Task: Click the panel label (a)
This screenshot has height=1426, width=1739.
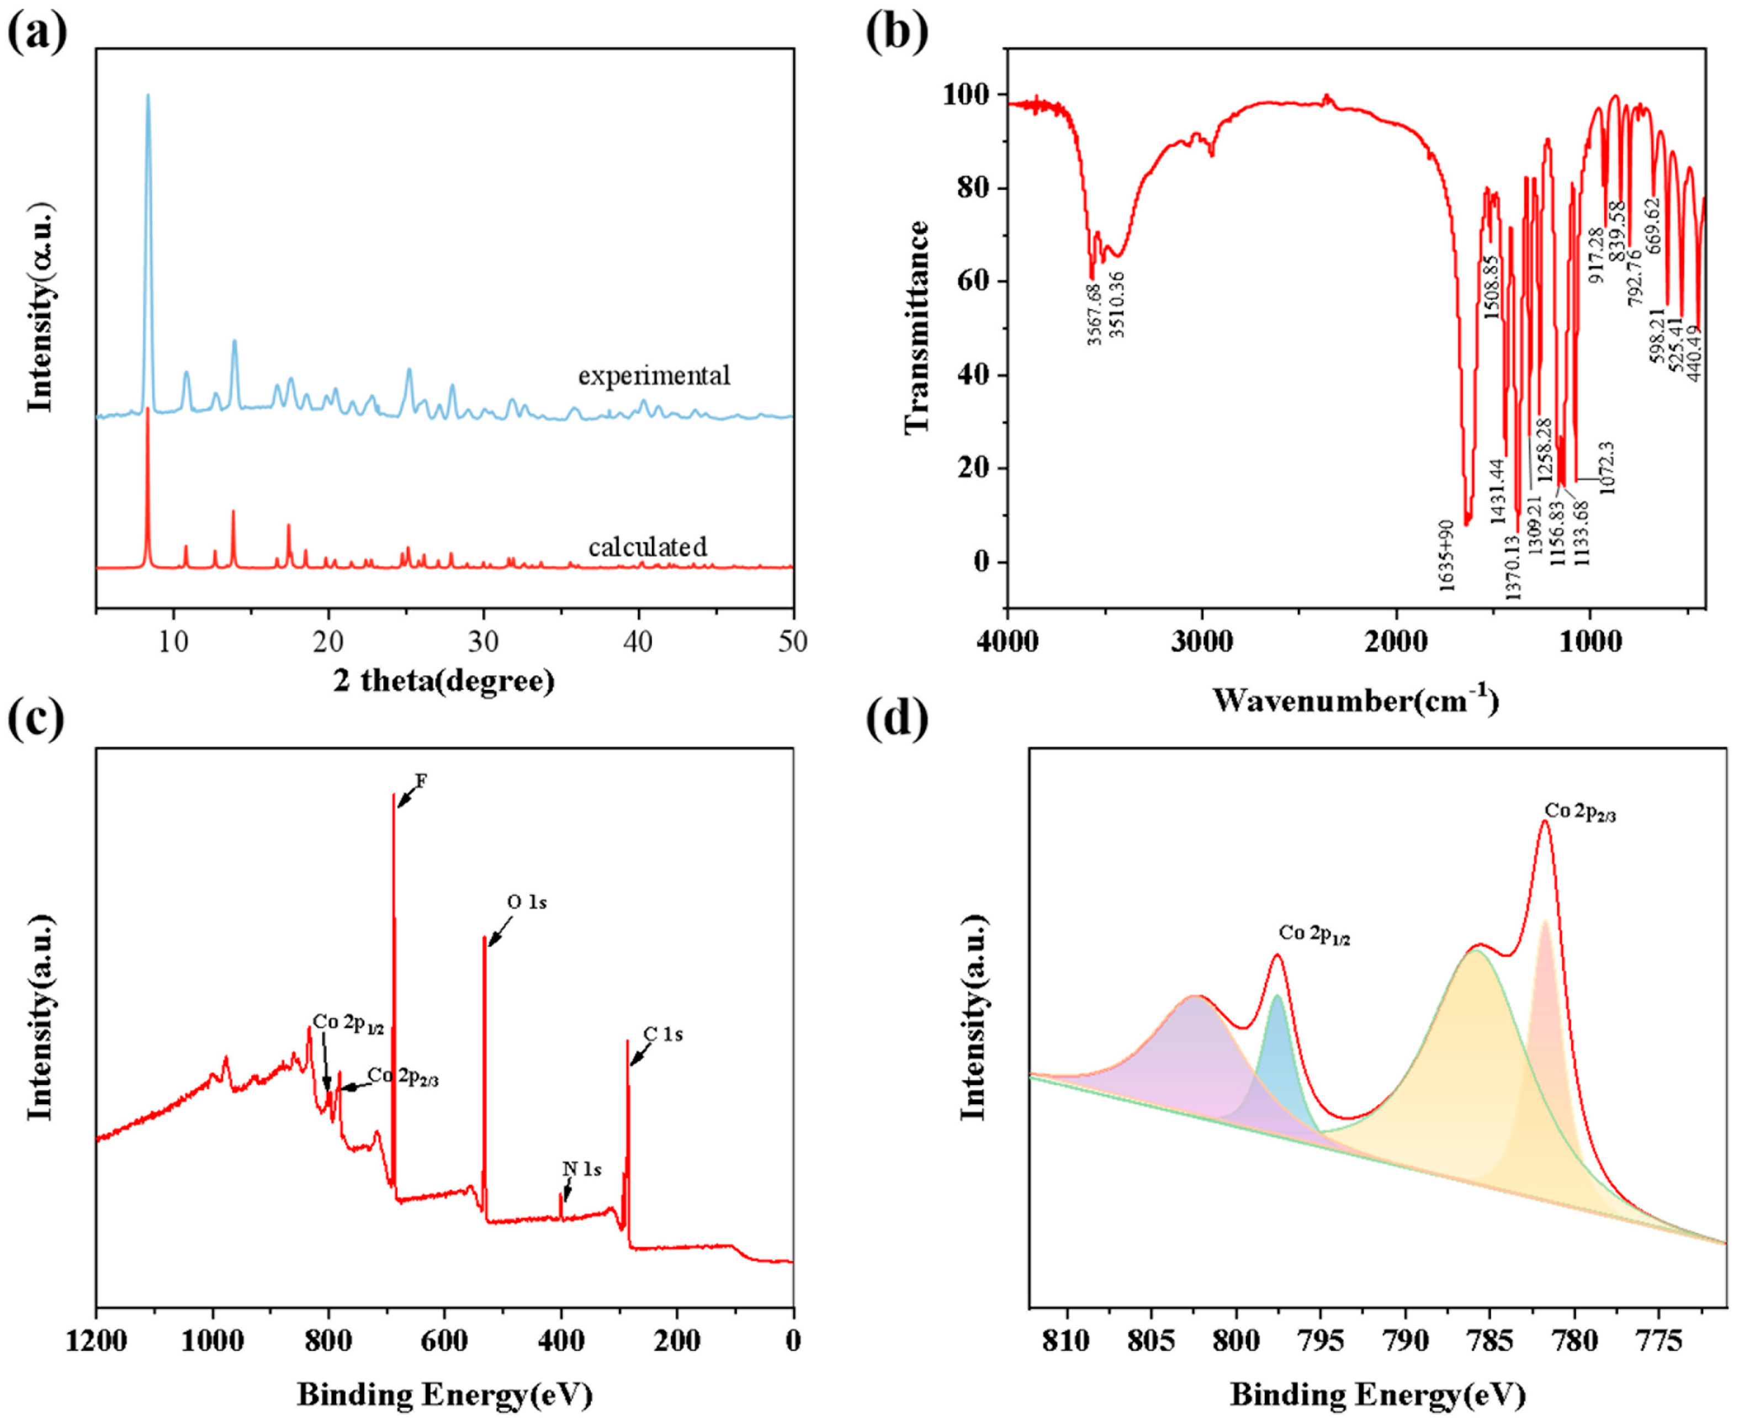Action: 37,33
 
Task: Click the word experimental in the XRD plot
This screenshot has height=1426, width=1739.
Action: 653,375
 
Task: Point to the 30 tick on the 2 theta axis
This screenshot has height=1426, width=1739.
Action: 484,641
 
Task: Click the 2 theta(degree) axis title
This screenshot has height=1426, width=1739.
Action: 443,680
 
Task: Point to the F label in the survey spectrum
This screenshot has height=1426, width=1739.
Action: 421,781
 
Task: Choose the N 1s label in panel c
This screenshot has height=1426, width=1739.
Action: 581,1169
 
